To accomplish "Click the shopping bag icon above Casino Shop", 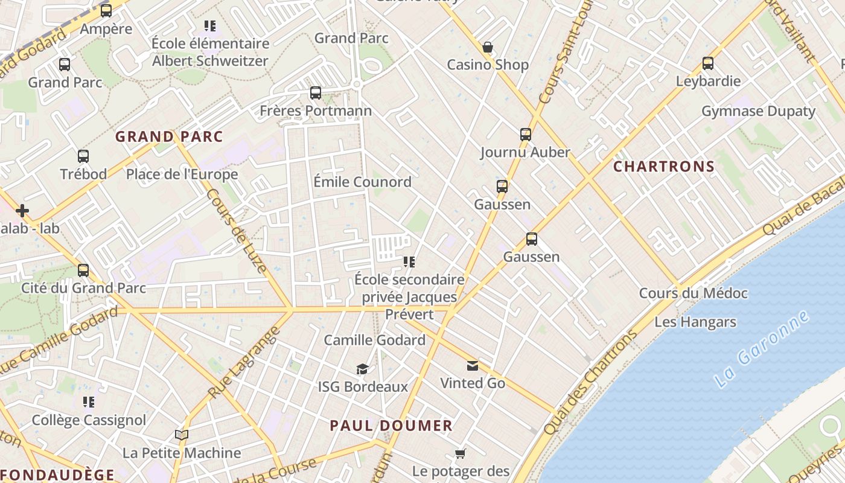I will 487,47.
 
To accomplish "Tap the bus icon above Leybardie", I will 708,63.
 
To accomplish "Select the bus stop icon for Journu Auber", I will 526,134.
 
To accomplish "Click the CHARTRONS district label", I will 664,167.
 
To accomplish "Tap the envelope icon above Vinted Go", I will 473,365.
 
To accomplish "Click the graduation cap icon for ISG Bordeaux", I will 362,369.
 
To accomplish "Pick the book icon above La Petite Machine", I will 181,435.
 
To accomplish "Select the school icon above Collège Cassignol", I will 89,401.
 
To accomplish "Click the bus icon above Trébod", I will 83,156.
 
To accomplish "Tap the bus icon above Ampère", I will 106,10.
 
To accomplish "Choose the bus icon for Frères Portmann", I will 316,92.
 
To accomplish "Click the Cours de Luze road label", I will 237,231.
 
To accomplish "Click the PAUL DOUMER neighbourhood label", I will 391,426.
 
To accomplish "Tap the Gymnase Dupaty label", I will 758,112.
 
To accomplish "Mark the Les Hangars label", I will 695,322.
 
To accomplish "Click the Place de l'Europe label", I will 182,174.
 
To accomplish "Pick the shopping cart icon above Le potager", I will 461,453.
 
